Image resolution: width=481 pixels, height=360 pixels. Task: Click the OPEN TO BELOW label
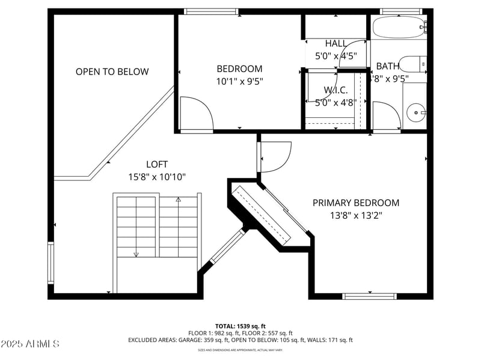pyautogui.click(x=112, y=72)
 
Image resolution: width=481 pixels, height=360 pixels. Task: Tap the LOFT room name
pyautogui.click(x=157, y=164)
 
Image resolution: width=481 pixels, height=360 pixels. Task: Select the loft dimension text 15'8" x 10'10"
pyautogui.click(x=157, y=177)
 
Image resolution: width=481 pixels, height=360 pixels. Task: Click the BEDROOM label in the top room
pyautogui.click(x=239, y=69)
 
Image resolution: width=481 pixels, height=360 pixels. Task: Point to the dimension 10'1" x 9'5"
pyautogui.click(x=239, y=81)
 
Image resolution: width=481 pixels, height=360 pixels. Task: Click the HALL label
pyautogui.click(x=336, y=43)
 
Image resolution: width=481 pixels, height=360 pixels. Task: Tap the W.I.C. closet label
pyautogui.click(x=336, y=90)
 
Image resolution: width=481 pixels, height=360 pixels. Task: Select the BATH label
pyautogui.click(x=388, y=66)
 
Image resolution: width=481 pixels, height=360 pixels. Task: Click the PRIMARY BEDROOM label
pyautogui.click(x=356, y=203)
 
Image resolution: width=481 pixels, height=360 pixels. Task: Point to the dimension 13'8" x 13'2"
pyautogui.click(x=356, y=215)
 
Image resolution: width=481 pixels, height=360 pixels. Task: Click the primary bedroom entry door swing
pyautogui.click(x=275, y=156)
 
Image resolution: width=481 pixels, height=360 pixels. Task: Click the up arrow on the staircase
pyautogui.click(x=178, y=199)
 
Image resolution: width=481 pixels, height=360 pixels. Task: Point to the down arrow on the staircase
pyautogui.click(x=136, y=254)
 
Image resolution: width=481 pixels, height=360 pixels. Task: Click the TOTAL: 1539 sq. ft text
pyautogui.click(x=240, y=326)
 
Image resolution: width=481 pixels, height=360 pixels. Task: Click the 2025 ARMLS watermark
pyautogui.click(x=30, y=344)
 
